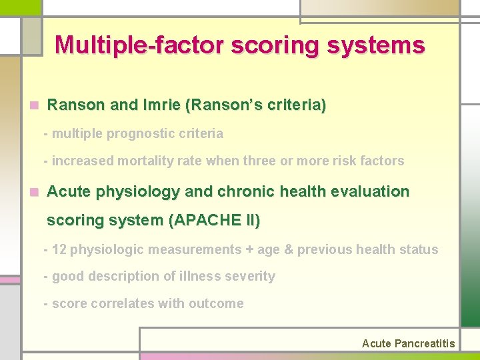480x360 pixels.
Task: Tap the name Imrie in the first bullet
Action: [x=161, y=105]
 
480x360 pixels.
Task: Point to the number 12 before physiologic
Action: [x=59, y=250]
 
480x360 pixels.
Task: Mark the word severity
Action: [x=251, y=276]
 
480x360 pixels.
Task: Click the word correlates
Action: [x=118, y=303]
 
